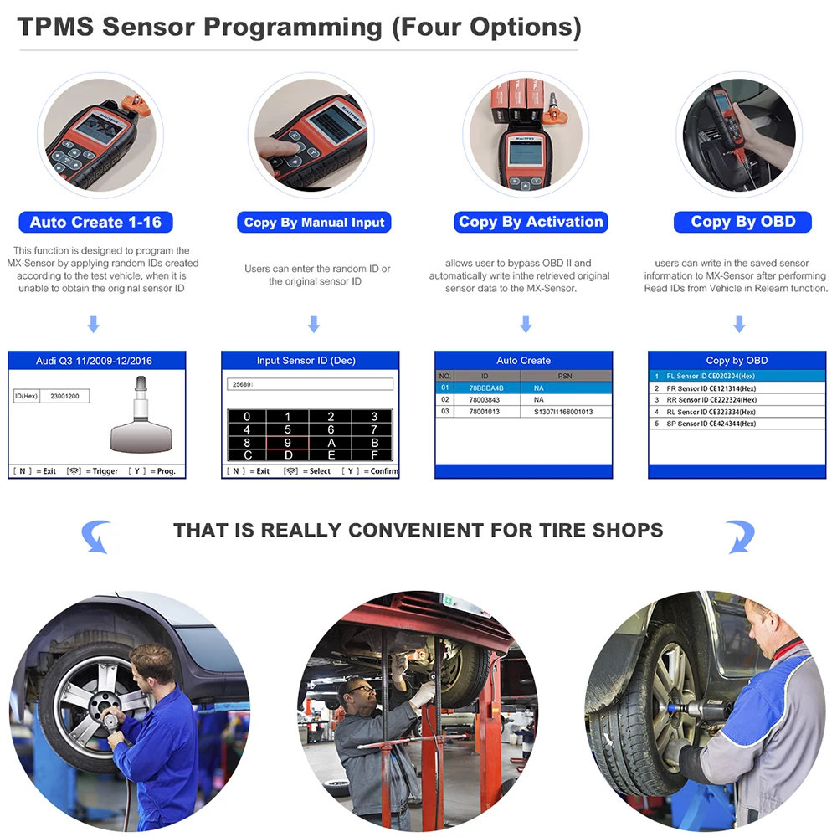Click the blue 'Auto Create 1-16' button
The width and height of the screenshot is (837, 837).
click(x=95, y=222)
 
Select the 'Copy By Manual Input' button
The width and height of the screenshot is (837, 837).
click(x=314, y=223)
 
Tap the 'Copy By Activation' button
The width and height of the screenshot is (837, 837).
click(x=531, y=222)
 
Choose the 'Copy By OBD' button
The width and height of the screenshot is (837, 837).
click(x=742, y=222)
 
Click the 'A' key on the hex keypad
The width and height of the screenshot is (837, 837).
click(x=331, y=443)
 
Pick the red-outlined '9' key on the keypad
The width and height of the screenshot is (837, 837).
click(x=288, y=443)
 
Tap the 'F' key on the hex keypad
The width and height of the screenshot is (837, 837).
click(x=374, y=455)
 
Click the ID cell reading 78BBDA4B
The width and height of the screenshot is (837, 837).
click(x=485, y=388)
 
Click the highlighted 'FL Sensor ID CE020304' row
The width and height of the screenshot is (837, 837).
click(x=716, y=377)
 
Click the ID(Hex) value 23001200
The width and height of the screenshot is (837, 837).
click(x=64, y=396)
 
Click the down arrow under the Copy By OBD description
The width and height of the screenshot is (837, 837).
click(x=739, y=324)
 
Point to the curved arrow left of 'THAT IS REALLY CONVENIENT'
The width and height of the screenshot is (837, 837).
click(x=98, y=536)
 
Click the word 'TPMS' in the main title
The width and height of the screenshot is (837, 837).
click(x=55, y=27)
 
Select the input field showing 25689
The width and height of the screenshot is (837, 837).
click(x=310, y=384)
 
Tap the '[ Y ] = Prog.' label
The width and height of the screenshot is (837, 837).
click(x=153, y=471)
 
